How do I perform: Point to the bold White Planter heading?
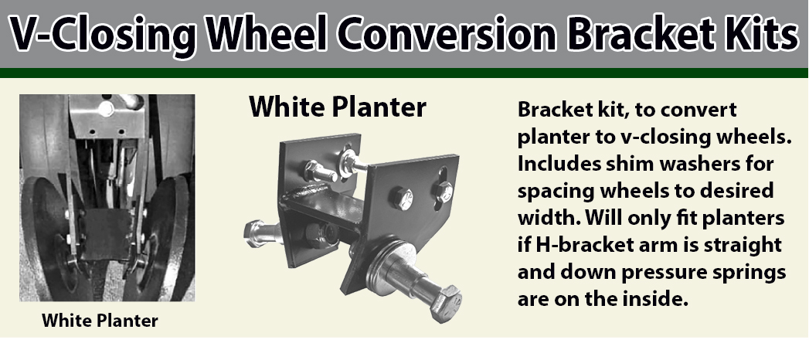337,107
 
